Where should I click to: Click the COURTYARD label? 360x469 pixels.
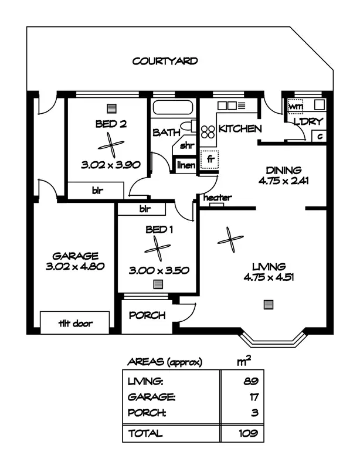tap(165, 60)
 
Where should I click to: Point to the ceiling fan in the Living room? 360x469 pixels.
tap(230, 240)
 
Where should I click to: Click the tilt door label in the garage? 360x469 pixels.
tap(74, 323)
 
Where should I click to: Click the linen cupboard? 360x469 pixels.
tap(186, 166)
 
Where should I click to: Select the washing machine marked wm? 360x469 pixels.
tap(296, 107)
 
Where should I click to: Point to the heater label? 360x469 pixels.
tap(217, 198)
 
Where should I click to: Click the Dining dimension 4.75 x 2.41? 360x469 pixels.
tap(283, 181)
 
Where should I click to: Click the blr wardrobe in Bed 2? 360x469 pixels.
tap(96, 191)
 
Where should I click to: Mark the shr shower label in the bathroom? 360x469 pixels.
tap(186, 145)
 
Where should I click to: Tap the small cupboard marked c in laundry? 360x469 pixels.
tap(320, 136)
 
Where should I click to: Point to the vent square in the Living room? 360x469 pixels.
tap(268, 304)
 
